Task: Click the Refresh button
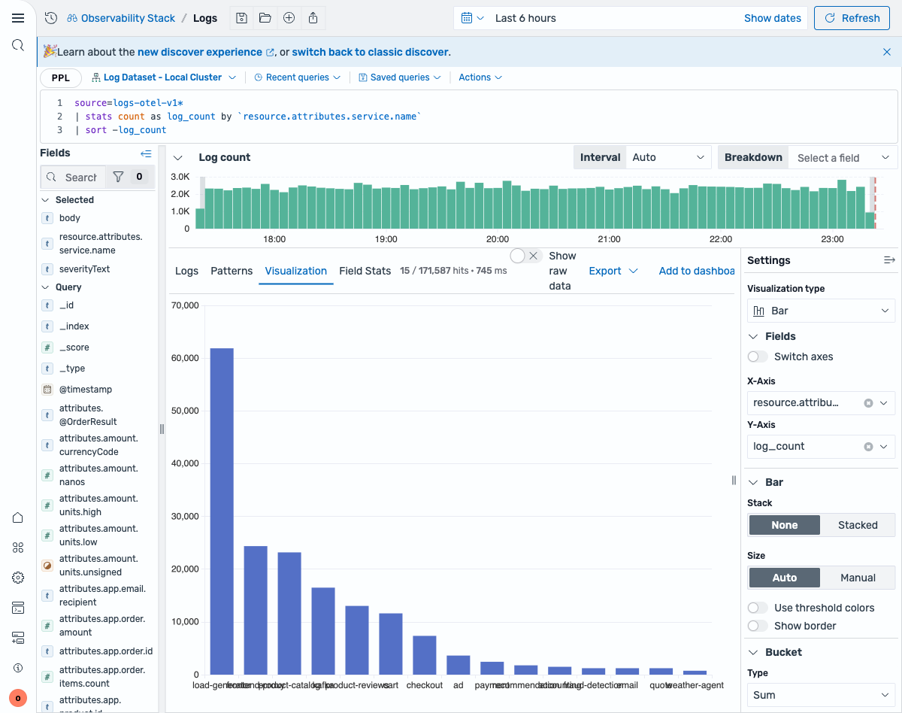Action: pos(852,18)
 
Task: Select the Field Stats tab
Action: pos(365,271)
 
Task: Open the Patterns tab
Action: pos(232,271)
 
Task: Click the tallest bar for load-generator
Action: pos(222,511)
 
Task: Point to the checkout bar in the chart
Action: pos(425,655)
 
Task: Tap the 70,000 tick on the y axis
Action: pos(184,305)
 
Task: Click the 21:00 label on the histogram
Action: pos(609,239)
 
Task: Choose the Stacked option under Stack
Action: pos(857,525)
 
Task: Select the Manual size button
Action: pos(857,578)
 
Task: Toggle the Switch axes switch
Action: pos(758,356)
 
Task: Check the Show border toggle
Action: pos(758,626)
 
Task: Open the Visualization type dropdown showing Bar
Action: pos(821,311)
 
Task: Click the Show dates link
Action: pos(772,18)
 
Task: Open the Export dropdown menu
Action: pos(613,271)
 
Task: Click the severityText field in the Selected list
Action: pos(84,269)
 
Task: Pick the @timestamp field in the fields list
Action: pos(86,390)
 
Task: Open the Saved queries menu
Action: pos(399,77)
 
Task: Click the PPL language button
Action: pos(61,77)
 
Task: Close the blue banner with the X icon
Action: pos(887,52)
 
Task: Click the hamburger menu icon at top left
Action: pos(18,18)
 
